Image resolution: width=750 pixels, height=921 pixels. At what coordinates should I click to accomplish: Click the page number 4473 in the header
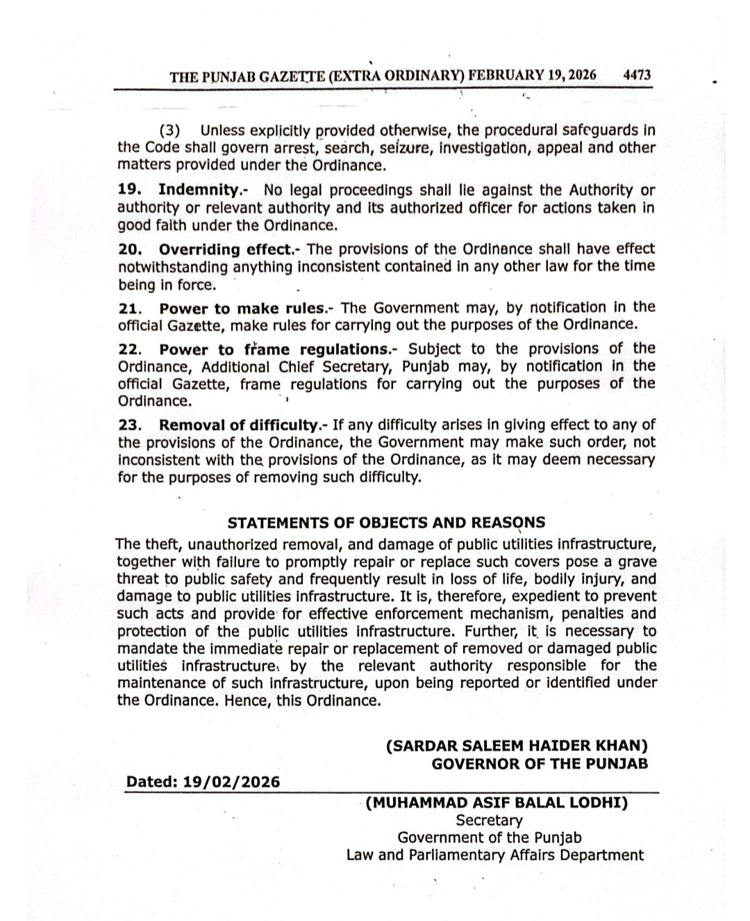637,76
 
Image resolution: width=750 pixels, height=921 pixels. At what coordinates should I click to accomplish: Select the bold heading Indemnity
198,190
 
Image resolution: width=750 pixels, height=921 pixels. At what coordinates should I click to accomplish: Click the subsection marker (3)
170,131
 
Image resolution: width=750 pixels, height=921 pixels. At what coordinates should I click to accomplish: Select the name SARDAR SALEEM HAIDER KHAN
517,746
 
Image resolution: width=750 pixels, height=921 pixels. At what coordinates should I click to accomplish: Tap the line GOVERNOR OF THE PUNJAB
540,763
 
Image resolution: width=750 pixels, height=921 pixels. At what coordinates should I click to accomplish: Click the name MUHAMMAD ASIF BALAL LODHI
497,804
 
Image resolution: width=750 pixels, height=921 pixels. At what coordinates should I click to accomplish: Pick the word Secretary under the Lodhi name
489,821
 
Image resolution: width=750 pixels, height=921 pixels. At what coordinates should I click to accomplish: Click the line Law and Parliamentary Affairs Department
494,855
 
